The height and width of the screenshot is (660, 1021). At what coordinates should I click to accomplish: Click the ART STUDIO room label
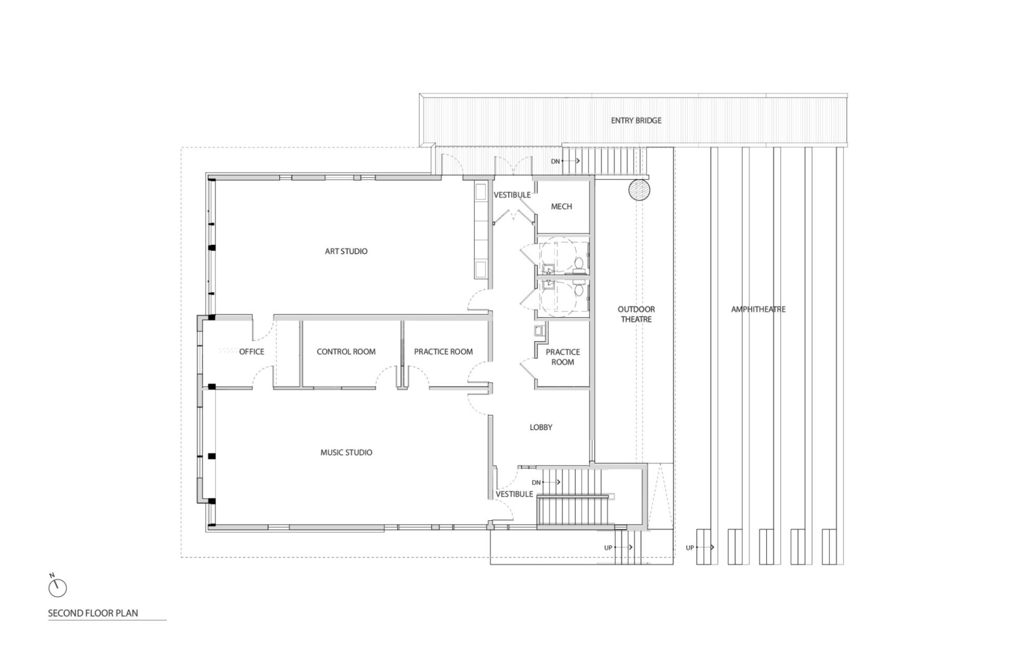coord(346,251)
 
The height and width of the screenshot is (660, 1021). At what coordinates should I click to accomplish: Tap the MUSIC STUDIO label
coord(346,453)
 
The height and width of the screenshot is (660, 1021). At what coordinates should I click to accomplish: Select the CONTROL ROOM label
coord(346,352)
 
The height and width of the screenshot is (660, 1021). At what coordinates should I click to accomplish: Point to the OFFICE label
coord(252,352)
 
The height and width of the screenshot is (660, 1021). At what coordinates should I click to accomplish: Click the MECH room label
coord(562,207)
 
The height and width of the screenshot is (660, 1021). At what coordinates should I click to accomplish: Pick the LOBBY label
coord(541,427)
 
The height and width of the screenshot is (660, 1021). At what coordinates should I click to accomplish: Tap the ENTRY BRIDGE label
coord(636,121)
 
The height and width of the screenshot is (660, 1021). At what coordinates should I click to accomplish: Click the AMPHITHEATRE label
coord(758,309)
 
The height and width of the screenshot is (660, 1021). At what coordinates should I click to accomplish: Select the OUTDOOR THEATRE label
coord(636,314)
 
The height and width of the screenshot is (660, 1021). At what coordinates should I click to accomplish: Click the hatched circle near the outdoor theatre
coord(639,190)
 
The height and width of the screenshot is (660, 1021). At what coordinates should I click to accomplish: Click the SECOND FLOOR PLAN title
coord(93,613)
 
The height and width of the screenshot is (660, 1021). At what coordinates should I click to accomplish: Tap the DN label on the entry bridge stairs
coord(555,162)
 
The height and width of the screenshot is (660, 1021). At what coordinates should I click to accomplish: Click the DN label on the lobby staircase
coord(536,483)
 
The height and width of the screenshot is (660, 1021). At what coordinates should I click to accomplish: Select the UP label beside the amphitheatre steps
coord(690,548)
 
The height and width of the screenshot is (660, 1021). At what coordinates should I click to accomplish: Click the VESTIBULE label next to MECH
coord(512,195)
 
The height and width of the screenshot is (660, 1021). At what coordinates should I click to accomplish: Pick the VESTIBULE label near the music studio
coord(514,494)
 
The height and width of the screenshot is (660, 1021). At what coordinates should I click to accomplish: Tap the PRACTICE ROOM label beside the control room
coord(443,352)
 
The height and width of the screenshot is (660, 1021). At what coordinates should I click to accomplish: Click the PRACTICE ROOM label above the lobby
coord(563,357)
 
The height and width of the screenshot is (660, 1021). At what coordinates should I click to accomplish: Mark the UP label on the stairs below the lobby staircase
coord(608,548)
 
